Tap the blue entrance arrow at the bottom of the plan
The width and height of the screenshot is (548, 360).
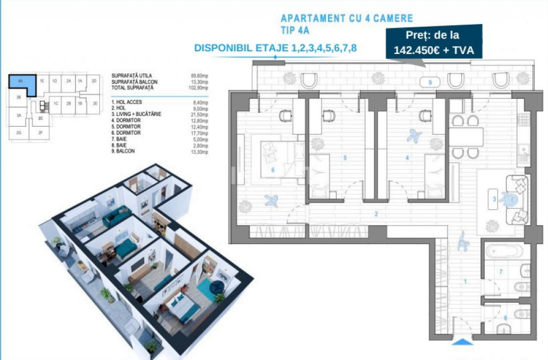pyautogui.click(x=462, y=342)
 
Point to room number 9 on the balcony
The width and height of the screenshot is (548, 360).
pyautogui.click(x=430, y=82)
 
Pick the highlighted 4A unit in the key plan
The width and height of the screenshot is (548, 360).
pyautogui.click(x=21, y=84)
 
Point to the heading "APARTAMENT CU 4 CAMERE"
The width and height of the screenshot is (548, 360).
pyautogui.click(x=347, y=19)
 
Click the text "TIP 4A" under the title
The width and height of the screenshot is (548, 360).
pyautogui.click(x=296, y=30)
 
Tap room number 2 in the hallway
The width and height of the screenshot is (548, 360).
pyautogui.click(x=376, y=215)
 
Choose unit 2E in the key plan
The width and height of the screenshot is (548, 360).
pyautogui.click(x=95, y=104)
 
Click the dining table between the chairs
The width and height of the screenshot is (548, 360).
pyautogui.click(x=465, y=136)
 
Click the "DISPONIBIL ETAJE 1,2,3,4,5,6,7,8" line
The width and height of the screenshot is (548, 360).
pyautogui.click(x=276, y=48)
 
